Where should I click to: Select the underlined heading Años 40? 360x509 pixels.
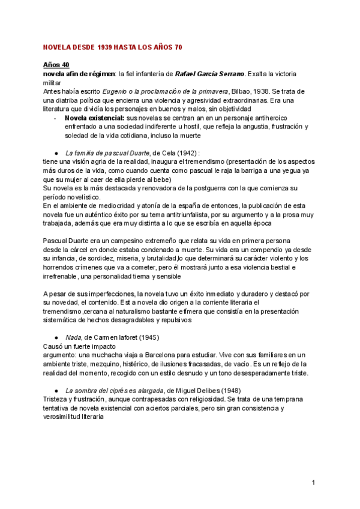[x=56, y=64]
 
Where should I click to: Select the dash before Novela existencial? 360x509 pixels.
[x=55, y=118]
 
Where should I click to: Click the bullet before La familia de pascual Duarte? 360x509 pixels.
[x=55, y=152]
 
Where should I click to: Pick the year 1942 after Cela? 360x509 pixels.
[x=184, y=152]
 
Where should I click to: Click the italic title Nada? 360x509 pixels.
[x=73, y=337]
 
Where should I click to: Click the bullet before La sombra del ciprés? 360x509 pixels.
[x=55, y=390]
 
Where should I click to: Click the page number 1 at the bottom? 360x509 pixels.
[x=313, y=482]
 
